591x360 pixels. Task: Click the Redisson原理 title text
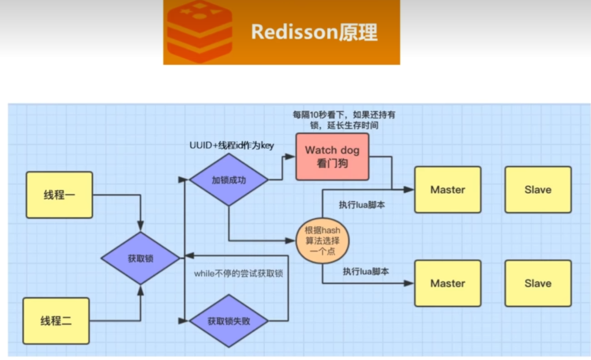314,32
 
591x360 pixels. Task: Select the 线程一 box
59,195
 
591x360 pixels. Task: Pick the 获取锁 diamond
140,258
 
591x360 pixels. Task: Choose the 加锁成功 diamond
229,179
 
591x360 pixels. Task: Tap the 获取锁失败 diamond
229,321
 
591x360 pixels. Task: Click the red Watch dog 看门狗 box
332,156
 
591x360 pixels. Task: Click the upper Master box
447,190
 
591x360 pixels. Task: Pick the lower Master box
447,283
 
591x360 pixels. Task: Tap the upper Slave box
538,190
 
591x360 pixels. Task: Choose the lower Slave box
538,283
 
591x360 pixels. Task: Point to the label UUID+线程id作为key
231,145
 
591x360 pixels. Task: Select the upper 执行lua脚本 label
362,205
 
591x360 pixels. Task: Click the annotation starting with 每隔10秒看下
345,119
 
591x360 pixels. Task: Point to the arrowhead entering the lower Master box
410,283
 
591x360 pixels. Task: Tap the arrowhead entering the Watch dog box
292,156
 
